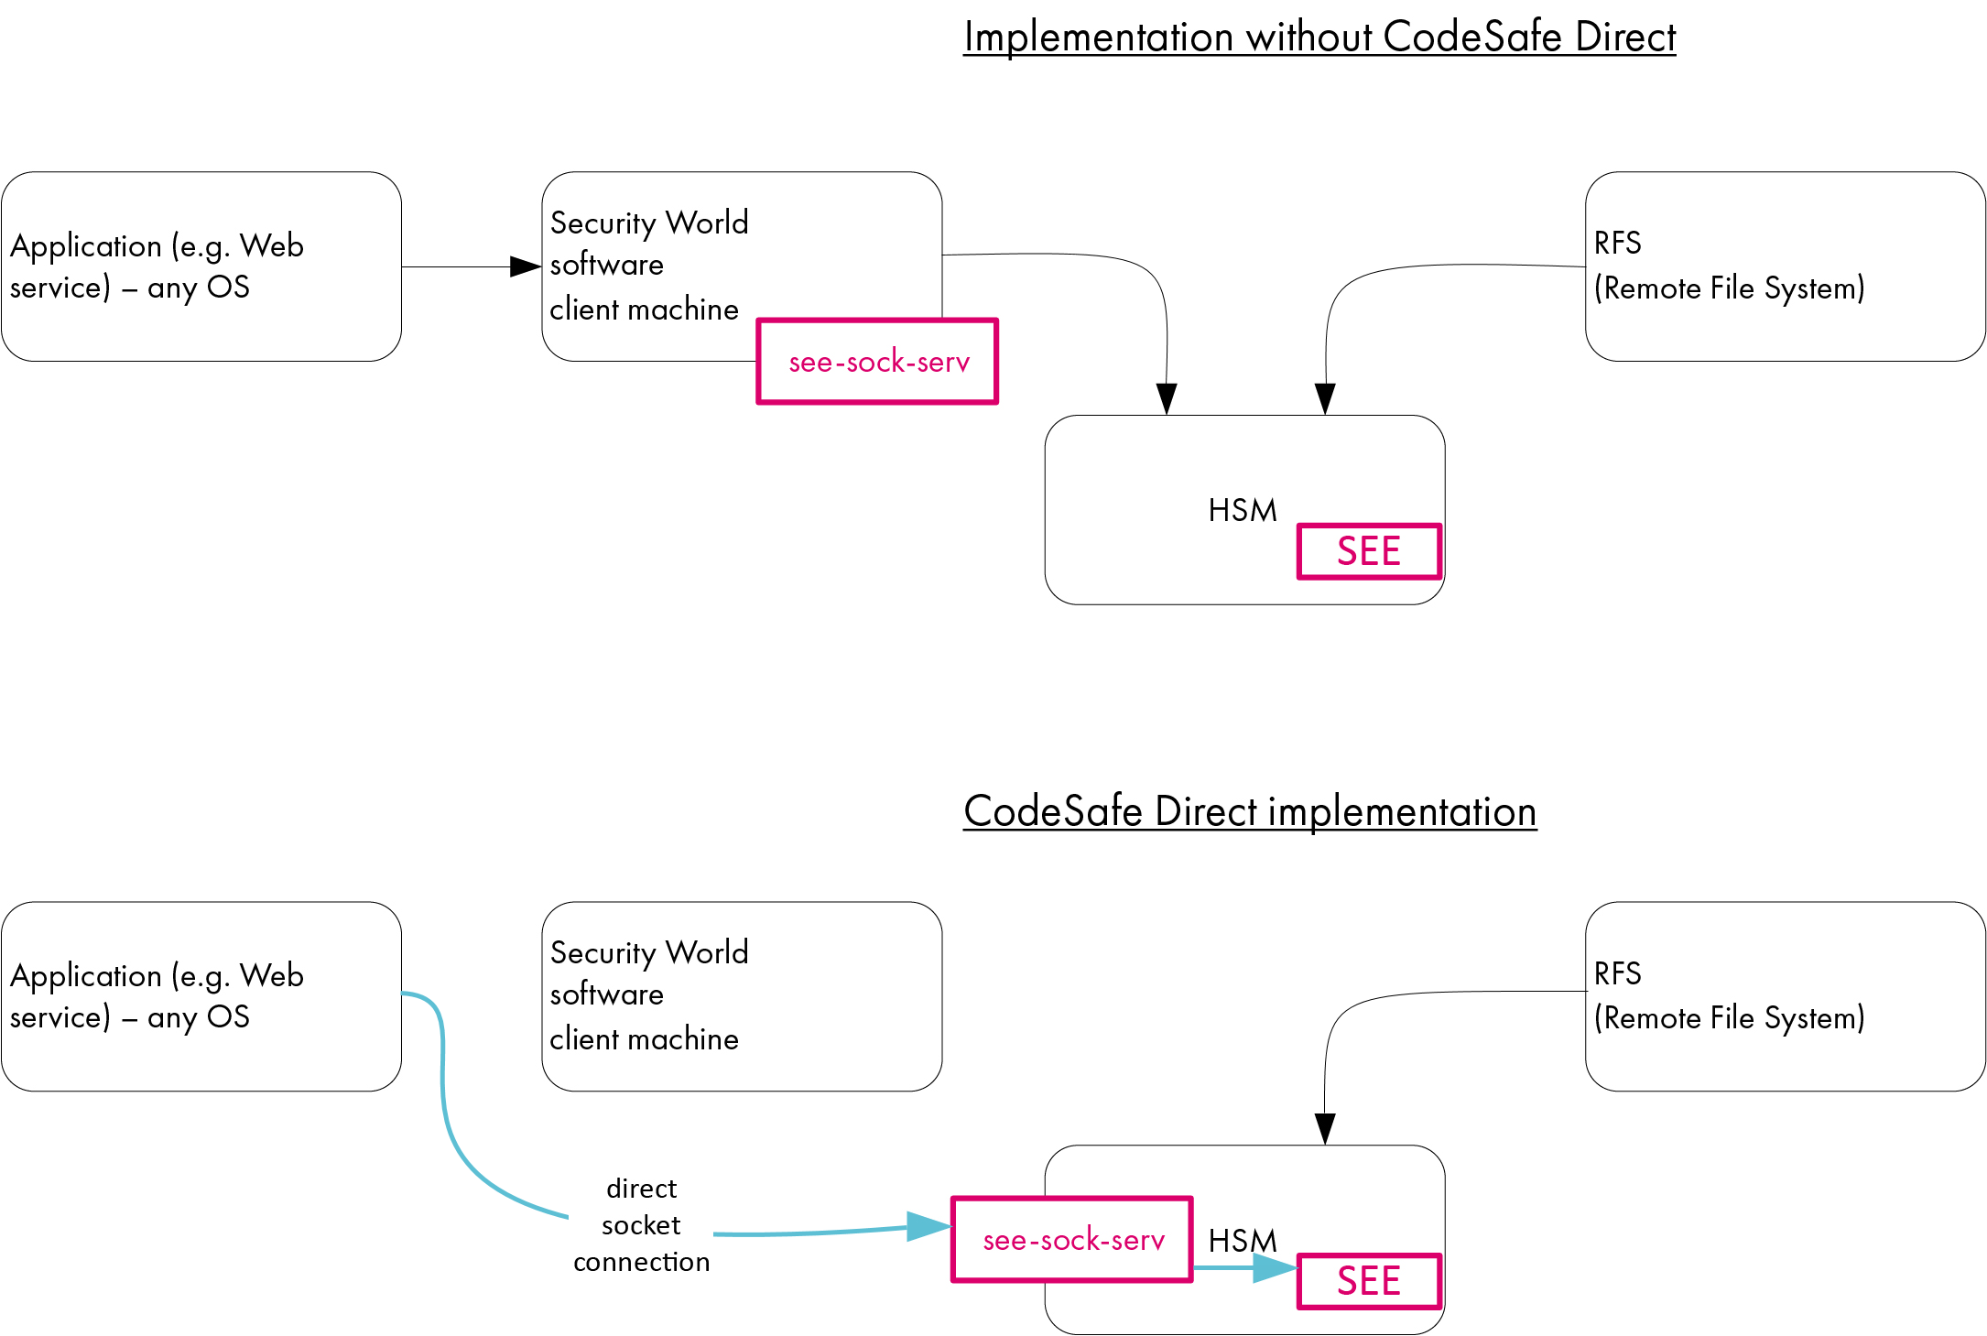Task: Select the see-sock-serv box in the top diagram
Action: coord(877,362)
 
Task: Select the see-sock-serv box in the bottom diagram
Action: coord(1072,1240)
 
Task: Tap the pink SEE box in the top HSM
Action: coord(1369,551)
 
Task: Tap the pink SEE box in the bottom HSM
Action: coord(1369,1281)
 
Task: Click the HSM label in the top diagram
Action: coord(1242,511)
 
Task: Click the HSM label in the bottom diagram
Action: coord(1242,1241)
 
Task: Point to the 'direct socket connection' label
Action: coord(641,1225)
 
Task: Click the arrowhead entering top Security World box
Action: coord(526,266)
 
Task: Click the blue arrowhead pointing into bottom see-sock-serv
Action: coord(927,1226)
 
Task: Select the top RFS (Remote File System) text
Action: coord(1729,266)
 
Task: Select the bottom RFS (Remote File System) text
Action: coord(1729,996)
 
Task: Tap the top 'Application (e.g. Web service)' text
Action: coord(157,266)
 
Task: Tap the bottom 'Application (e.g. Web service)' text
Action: coord(157,996)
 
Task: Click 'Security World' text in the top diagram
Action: coord(649,223)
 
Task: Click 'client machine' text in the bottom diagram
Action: coord(644,1039)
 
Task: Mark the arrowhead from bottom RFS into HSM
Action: coord(1324,1128)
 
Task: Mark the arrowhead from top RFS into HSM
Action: coord(1324,398)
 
